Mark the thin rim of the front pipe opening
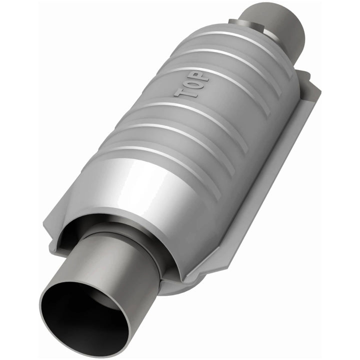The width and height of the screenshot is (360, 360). tap(45, 320)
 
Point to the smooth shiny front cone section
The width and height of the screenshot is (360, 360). tap(150, 200)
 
